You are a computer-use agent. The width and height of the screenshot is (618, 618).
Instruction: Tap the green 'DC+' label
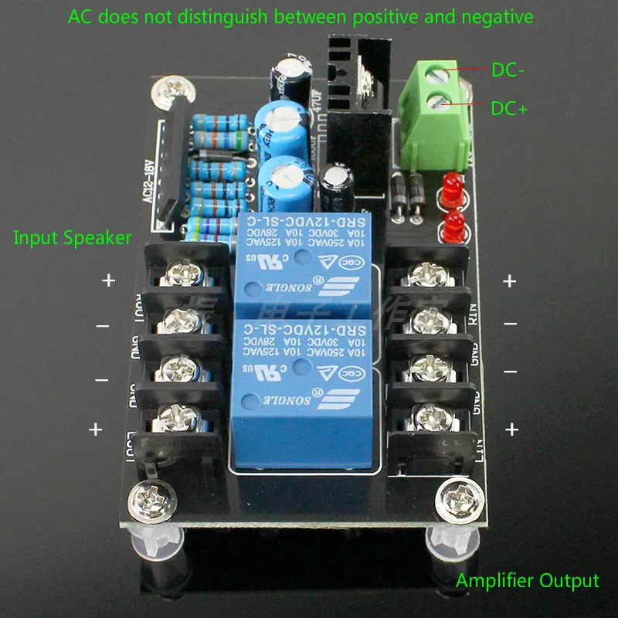pyautogui.click(x=509, y=110)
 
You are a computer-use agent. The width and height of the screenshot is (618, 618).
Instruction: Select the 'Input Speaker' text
pyautogui.click(x=73, y=237)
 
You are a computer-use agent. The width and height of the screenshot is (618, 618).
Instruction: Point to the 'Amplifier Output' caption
pyautogui.click(x=527, y=581)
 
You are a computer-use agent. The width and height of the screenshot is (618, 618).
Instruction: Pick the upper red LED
pyautogui.click(x=452, y=188)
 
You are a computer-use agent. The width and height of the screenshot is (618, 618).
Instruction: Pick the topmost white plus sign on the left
pyautogui.click(x=108, y=280)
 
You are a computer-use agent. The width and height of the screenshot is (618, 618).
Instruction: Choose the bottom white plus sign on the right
pyautogui.click(x=511, y=430)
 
